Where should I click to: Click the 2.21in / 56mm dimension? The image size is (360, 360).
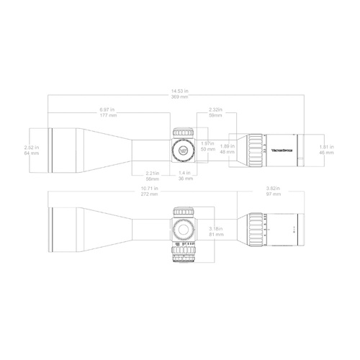(x=152, y=175)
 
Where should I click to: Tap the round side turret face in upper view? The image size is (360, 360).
(x=182, y=150)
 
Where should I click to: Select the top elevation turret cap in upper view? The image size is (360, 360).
(x=183, y=132)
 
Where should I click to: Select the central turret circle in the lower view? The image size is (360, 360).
(x=183, y=229)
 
